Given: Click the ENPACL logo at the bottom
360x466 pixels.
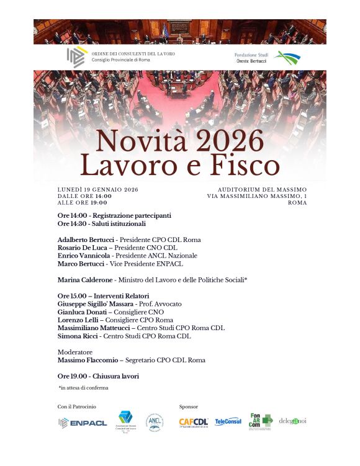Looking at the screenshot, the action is [83, 423].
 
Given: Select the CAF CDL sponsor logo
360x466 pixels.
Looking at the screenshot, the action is [194, 422].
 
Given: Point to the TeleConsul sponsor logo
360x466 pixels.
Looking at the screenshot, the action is [228, 422].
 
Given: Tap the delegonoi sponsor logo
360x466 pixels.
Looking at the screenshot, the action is [292, 421].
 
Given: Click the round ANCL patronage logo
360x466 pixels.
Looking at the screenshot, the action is [155, 422].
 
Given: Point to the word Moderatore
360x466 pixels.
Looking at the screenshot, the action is [75, 352].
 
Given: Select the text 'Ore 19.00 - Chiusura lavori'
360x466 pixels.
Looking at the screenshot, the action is [98, 376].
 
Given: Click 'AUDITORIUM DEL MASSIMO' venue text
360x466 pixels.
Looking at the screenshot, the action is [262, 189].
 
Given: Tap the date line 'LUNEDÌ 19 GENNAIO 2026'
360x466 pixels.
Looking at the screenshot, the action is [97, 189].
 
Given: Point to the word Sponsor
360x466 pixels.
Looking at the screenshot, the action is [188, 406].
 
